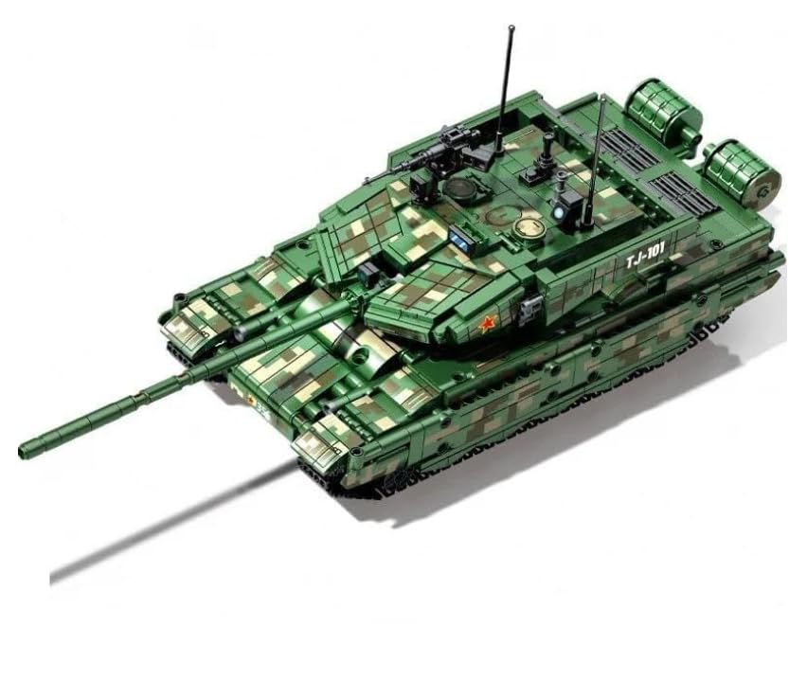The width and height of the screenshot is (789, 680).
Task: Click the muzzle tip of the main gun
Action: pyautogui.click(x=26, y=448)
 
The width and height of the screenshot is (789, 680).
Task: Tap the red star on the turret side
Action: pyautogui.click(x=487, y=325)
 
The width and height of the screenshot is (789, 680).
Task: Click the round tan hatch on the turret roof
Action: pyautogui.click(x=526, y=227)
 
